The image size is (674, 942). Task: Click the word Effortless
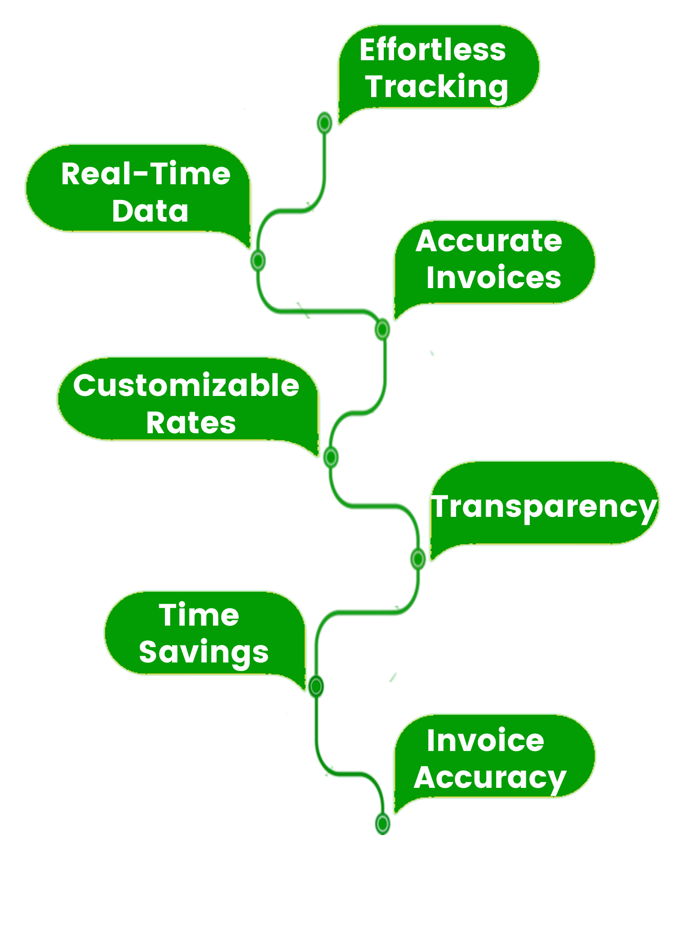click(432, 50)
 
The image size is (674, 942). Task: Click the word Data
click(150, 211)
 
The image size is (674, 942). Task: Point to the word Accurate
click(488, 241)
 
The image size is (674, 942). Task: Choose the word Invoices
click(493, 278)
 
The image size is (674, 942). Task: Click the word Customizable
click(186, 386)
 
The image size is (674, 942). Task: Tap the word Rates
click(191, 423)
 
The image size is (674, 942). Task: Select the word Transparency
click(544, 507)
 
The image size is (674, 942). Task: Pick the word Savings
click(204, 652)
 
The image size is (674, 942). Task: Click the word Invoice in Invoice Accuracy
click(485, 741)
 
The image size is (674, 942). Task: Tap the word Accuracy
click(490, 778)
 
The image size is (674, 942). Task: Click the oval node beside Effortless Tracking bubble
click(324, 122)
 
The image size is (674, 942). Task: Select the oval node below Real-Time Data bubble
click(258, 260)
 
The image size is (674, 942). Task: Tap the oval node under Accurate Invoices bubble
click(382, 329)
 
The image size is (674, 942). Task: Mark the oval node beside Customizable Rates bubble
click(331, 457)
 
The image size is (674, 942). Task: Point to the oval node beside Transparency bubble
click(418, 559)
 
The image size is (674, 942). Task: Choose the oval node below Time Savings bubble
click(316, 686)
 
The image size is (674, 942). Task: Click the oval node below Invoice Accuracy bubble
click(382, 823)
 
